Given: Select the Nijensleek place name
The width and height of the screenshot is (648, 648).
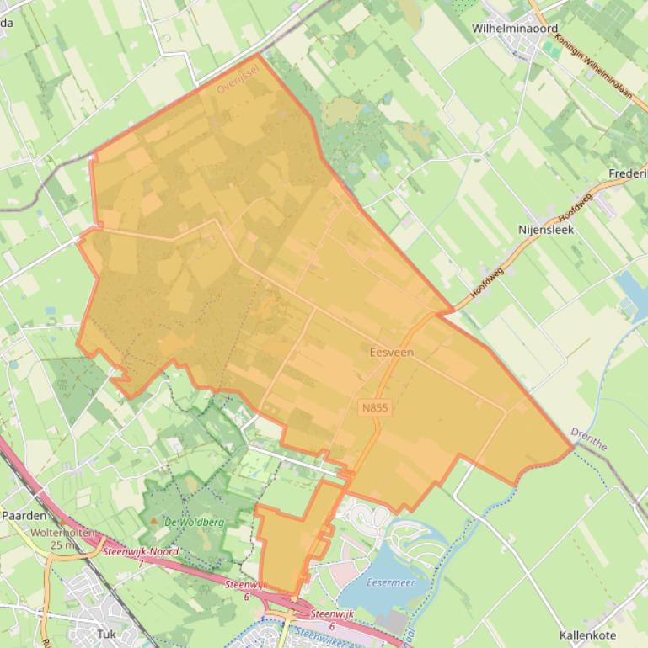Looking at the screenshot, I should pyautogui.click(x=545, y=228).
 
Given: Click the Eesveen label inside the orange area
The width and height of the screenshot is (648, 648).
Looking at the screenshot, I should pyautogui.click(x=392, y=352).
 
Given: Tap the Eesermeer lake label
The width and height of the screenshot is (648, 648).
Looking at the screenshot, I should pyautogui.click(x=391, y=582).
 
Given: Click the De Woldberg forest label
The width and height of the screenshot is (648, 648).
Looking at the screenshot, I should pyautogui.click(x=194, y=522).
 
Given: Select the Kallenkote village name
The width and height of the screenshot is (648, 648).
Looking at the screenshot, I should pyautogui.click(x=587, y=635).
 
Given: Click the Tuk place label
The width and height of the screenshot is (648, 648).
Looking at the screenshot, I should pyautogui.click(x=107, y=634).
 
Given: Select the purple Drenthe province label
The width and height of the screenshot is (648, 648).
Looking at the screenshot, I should pyautogui.click(x=588, y=438).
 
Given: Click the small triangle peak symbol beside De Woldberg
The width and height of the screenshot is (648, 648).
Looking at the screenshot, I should pyautogui.click(x=153, y=522).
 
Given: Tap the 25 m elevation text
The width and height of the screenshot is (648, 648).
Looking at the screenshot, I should pyautogui.click(x=62, y=545).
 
